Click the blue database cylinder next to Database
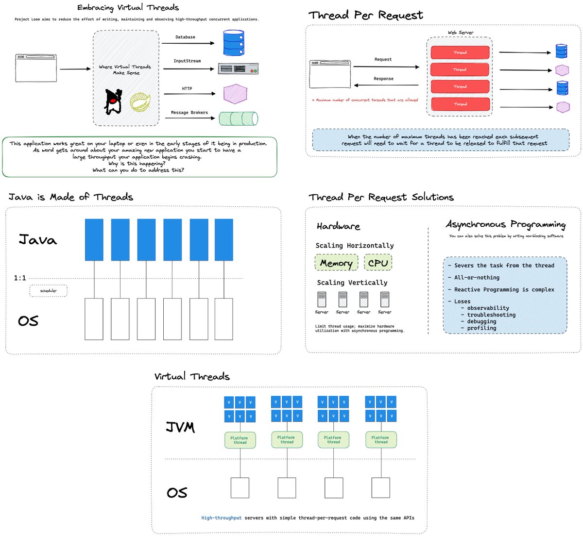point(233,43)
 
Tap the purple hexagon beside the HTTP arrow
point(235,94)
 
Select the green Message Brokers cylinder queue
point(238,118)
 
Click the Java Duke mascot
point(113,101)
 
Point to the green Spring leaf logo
point(140,102)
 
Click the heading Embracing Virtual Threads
point(128,8)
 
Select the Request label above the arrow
point(383,59)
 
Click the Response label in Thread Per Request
point(383,79)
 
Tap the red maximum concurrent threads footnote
point(365,100)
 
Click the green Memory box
point(336,263)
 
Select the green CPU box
point(378,263)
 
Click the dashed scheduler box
point(48,291)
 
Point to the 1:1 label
point(20,278)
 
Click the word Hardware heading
point(338,226)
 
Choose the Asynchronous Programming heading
point(506,224)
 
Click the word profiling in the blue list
point(481,328)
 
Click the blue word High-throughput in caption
point(222,518)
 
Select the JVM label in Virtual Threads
point(180,427)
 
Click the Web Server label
point(460,33)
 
